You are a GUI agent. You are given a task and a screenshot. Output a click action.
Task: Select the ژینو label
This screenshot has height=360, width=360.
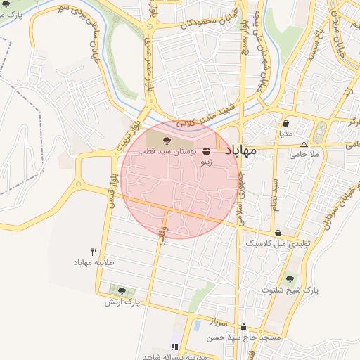[205, 162]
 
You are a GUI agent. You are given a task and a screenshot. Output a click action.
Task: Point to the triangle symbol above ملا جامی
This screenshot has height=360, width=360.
[304, 143]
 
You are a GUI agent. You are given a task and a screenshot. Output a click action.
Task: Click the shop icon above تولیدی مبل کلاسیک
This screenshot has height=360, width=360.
[278, 233]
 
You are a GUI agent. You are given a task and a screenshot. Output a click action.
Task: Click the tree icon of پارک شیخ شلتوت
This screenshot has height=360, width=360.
[290, 279]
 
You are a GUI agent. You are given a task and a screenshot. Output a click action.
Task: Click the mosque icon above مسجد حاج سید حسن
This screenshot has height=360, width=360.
[243, 327]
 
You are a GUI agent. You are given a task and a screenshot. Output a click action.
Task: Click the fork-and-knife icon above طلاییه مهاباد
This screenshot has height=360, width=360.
[94, 252]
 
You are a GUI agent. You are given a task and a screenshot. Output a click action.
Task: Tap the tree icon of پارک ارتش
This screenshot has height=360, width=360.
[122, 291]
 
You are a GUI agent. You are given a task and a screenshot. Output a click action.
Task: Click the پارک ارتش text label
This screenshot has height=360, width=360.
[122, 302]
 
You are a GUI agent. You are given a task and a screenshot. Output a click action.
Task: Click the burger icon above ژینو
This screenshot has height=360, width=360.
[205, 152]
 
